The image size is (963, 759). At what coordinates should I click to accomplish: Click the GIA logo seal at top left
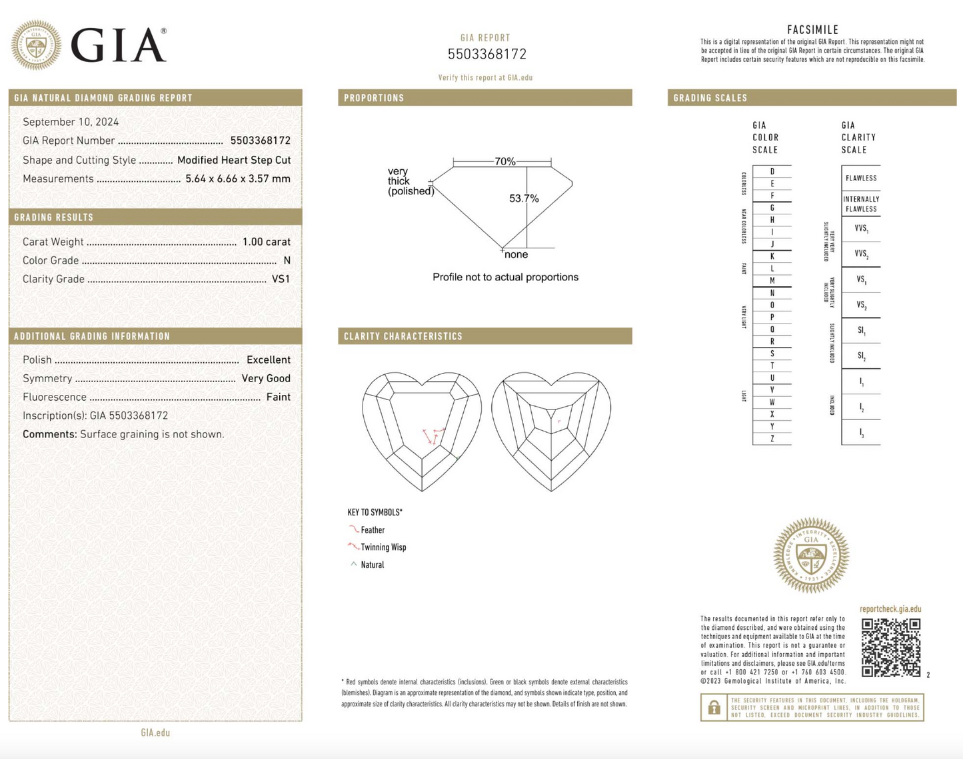point(36,45)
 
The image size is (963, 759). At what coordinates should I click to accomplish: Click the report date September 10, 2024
point(71,122)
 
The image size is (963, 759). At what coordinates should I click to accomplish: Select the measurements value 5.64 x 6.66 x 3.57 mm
point(238,178)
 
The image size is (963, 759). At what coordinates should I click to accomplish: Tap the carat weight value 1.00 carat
point(266,242)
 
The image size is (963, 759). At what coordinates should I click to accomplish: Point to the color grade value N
point(287,260)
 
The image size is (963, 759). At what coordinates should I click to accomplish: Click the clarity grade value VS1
point(281,279)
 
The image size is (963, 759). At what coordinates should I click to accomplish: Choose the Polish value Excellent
point(268,360)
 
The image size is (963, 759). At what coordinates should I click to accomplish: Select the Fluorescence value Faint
point(278,397)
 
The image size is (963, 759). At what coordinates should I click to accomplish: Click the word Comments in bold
point(49,434)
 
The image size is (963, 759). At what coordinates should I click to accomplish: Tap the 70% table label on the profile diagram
point(504,162)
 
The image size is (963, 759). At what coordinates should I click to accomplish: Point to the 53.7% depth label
point(524,198)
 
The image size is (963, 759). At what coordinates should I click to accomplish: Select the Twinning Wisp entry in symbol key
point(383,547)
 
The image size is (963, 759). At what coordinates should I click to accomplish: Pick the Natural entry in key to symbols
point(371,565)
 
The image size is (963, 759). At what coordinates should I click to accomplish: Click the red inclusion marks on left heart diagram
point(433,435)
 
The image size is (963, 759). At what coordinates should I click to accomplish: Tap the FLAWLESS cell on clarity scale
point(860,178)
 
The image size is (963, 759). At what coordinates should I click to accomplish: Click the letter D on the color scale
point(772,172)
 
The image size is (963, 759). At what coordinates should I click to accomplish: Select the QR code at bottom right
point(890,647)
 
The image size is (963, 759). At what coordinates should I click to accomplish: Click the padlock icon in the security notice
point(713,708)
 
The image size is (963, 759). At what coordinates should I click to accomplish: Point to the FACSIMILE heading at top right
point(812,30)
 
